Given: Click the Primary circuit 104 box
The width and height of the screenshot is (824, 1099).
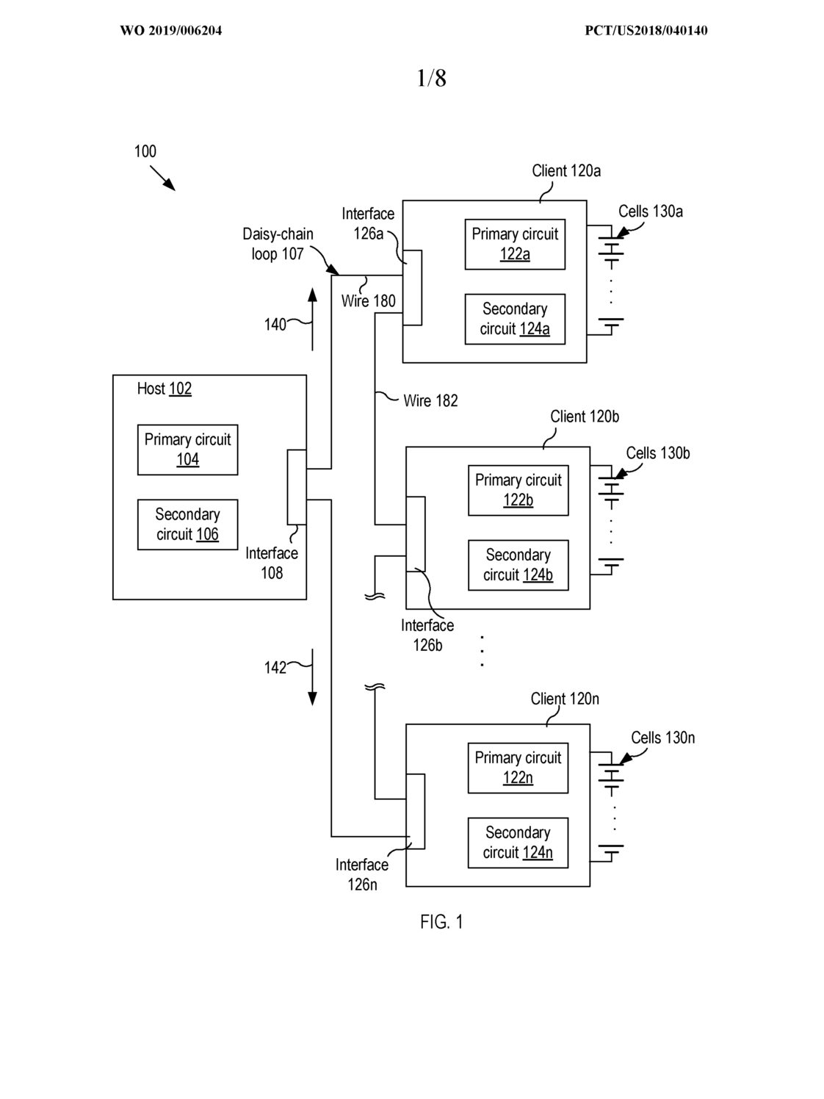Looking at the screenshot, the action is [x=187, y=450].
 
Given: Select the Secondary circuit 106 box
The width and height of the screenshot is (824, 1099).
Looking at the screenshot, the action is [x=187, y=525].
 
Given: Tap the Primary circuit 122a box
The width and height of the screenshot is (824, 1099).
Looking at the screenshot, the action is [x=515, y=245].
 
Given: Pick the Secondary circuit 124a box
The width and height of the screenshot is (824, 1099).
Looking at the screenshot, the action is [x=515, y=319].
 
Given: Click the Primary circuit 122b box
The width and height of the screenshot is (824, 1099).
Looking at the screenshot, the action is [x=518, y=490].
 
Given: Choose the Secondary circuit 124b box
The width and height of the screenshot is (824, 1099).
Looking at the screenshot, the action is [x=518, y=565].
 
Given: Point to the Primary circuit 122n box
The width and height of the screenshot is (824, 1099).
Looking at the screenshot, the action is [x=518, y=768].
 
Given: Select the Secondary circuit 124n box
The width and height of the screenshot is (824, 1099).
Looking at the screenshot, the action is [x=518, y=843].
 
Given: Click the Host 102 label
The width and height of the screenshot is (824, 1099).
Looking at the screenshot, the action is [x=164, y=389].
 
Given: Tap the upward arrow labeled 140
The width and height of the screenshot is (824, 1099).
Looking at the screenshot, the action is [x=312, y=320].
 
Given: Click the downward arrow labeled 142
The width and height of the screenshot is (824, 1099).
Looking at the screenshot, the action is [x=312, y=677].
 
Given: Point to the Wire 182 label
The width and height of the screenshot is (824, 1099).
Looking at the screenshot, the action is [x=430, y=400].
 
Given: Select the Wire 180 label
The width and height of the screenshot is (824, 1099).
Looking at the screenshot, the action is [x=368, y=301].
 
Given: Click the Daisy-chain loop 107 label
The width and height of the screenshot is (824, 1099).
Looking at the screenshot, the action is [x=278, y=244].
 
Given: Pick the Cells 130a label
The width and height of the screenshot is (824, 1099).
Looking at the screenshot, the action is [x=651, y=212].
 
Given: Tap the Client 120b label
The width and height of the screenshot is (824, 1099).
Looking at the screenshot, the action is [x=585, y=417].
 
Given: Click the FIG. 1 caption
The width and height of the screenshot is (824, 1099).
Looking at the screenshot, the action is [x=441, y=922].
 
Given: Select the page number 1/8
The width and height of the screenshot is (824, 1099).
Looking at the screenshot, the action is [x=431, y=78].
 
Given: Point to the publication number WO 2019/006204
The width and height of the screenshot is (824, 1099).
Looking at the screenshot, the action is [x=170, y=31].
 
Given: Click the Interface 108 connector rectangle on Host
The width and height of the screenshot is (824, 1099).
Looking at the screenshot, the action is [x=297, y=487].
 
